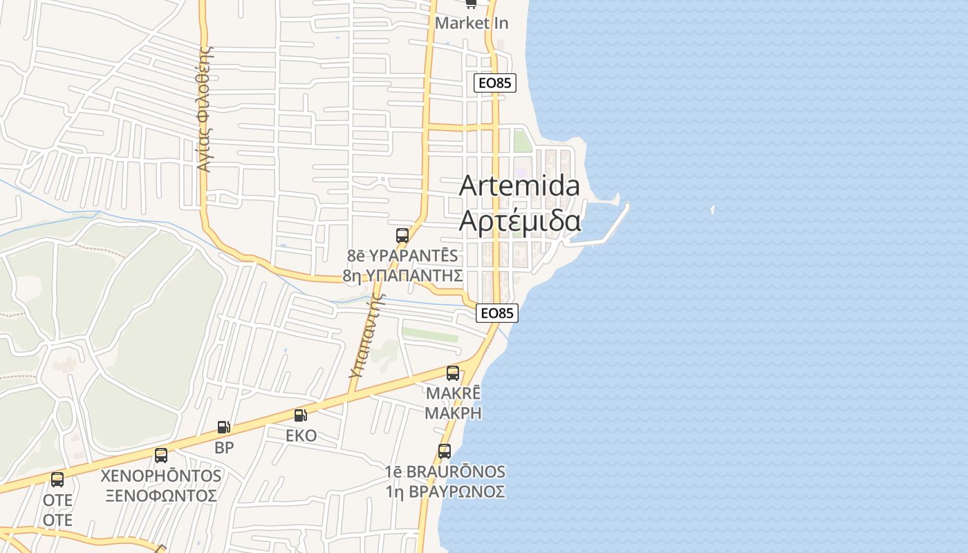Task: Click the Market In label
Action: (x=472, y=23)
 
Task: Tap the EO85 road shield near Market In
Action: (x=495, y=83)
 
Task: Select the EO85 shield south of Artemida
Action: (x=497, y=313)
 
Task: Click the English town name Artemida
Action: (x=519, y=185)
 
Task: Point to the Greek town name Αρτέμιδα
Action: (x=520, y=221)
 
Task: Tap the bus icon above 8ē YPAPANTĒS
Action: (x=402, y=235)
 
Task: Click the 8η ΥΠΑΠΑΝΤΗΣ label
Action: (x=402, y=275)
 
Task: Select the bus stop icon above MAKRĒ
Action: (x=453, y=373)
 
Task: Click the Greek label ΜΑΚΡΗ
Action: (x=453, y=413)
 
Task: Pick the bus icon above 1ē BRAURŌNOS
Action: (x=445, y=451)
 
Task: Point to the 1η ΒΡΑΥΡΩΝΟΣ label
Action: (x=445, y=491)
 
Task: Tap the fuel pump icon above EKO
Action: (x=301, y=415)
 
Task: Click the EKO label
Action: (x=301, y=435)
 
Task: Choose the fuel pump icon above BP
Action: (x=223, y=427)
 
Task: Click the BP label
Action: (x=224, y=447)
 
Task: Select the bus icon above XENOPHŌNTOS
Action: (x=161, y=456)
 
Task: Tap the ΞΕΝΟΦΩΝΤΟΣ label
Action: (x=161, y=496)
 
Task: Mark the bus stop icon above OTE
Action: (x=57, y=479)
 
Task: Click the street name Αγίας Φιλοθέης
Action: (x=204, y=109)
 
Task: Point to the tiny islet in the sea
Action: (x=712, y=209)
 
